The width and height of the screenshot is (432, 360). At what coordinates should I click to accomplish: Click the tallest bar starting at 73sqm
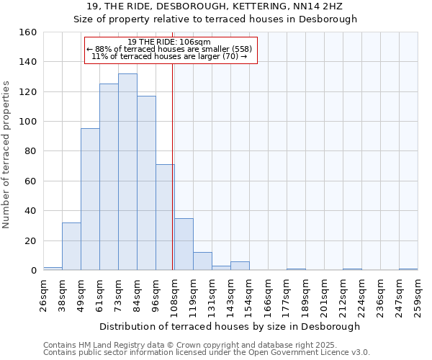click(127, 172)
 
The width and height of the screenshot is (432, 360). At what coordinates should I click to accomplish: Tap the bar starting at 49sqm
click(90, 199)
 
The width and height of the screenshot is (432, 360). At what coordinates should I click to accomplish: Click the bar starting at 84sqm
click(146, 183)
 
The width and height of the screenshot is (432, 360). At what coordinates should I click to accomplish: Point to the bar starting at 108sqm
click(184, 244)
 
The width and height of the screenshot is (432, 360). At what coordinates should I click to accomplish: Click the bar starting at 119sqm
click(202, 261)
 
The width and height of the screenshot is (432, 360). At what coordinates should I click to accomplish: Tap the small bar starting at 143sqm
click(240, 266)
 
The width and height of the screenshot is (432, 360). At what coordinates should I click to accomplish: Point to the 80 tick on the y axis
click(30, 152)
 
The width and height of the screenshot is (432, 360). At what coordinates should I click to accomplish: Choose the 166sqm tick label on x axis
click(268, 294)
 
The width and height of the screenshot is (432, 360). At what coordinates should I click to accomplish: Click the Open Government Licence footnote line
click(207, 353)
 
